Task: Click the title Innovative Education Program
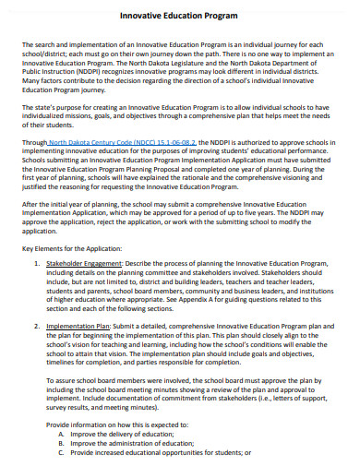point(179,16)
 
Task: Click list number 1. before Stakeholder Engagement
point(39,263)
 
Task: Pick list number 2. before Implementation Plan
point(39,325)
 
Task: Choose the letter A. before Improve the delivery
point(62,432)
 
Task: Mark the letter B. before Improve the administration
point(62,442)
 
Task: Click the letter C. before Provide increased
point(62,452)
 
